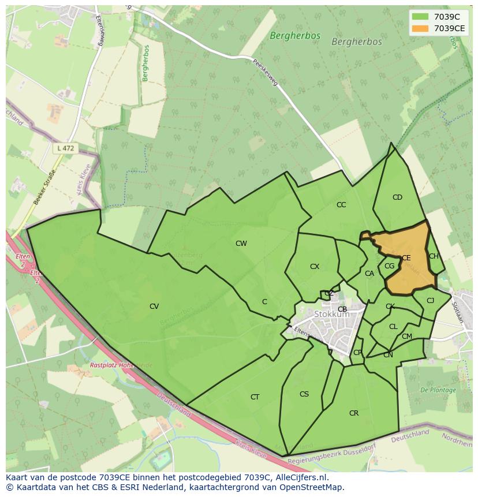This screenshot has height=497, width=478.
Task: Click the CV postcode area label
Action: pyautogui.click(x=154, y=307)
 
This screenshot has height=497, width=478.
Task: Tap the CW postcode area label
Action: pyautogui.click(x=241, y=244)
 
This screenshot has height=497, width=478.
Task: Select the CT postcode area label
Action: pyautogui.click(x=255, y=397)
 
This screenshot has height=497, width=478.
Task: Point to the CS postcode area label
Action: pyautogui.click(x=304, y=394)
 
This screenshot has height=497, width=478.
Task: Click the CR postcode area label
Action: pyautogui.click(x=354, y=413)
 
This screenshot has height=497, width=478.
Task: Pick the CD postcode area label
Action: pyautogui.click(x=397, y=197)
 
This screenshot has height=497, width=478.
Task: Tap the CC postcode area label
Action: pyautogui.click(x=341, y=205)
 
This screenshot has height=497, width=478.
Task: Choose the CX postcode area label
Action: pyautogui.click(x=315, y=267)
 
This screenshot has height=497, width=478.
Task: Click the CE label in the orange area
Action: pyautogui.click(x=406, y=258)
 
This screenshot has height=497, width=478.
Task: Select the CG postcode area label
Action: pyautogui.click(x=389, y=266)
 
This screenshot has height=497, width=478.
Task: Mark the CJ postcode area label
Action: pyautogui.click(x=430, y=301)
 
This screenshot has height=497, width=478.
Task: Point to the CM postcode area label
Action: pyautogui.click(x=407, y=337)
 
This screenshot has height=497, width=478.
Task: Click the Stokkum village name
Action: pyautogui.click(x=332, y=315)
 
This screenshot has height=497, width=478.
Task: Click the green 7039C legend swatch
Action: pyautogui.click(x=420, y=17)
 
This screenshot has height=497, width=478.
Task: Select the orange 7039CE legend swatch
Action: pyautogui.click(x=420, y=28)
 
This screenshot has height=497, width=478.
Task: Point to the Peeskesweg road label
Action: pyautogui.click(x=265, y=72)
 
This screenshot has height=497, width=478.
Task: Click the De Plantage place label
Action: pyautogui.click(x=438, y=390)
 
